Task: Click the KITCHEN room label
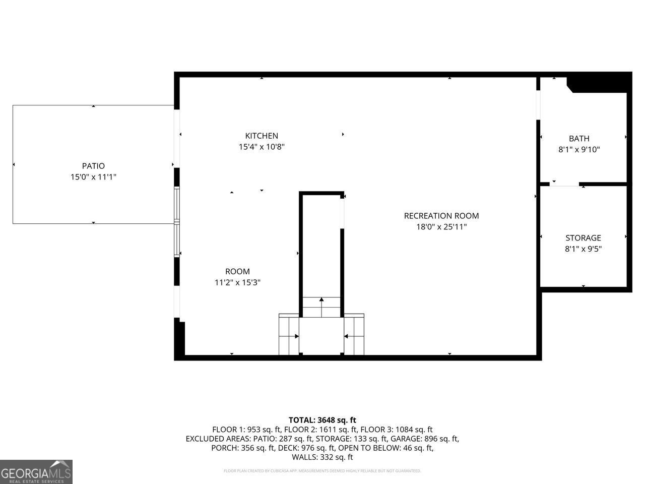[262, 136]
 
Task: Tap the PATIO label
[93, 166]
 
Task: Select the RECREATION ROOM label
[441, 216]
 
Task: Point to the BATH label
[579, 139]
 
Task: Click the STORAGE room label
[583, 238]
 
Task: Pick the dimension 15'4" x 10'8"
[262, 147]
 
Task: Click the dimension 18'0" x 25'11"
[441, 227]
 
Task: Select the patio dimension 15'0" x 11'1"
[93, 177]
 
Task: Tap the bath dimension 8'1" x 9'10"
[579, 150]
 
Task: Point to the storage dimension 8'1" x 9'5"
[583, 249]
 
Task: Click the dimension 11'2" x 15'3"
[237, 283]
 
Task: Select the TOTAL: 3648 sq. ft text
[322, 420]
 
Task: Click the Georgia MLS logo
[36, 472]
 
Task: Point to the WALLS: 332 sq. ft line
[322, 457]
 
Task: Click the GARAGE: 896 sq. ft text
[429, 439]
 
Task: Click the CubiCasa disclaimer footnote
[322, 471]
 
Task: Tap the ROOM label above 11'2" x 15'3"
[237, 272]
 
